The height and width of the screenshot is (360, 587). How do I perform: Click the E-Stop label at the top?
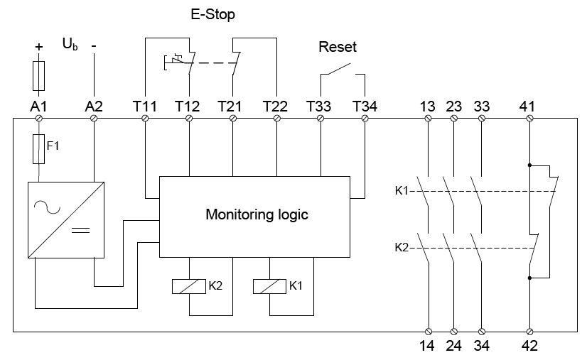tap(212, 13)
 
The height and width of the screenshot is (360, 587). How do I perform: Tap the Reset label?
tap(338, 48)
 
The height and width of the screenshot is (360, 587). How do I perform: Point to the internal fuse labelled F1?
tap(39, 149)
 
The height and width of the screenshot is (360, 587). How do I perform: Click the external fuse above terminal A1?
tap(39, 74)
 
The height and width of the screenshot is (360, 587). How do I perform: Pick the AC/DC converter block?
tap(65, 220)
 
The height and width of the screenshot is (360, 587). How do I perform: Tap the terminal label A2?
tap(94, 107)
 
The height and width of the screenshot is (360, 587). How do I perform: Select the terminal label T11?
tap(145, 107)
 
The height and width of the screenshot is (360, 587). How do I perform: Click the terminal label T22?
tap(276, 107)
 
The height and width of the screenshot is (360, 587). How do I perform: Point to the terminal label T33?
tap(320, 107)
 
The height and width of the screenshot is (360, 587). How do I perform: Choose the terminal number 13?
tap(427, 107)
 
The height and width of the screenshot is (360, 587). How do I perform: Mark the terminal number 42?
tap(529, 347)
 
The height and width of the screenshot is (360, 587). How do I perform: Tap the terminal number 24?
tap(455, 347)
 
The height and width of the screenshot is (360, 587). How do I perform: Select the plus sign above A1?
tap(39, 46)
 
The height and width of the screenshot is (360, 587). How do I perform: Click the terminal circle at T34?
tap(365, 119)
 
